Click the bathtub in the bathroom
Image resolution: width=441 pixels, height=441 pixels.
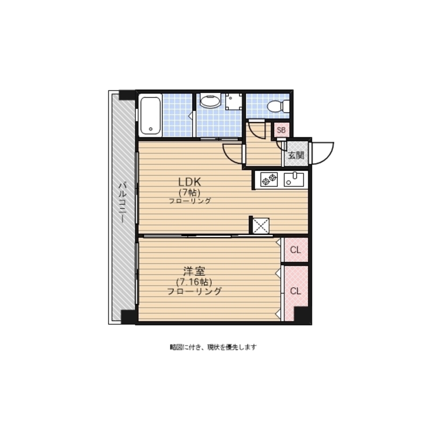click(x=150, y=116)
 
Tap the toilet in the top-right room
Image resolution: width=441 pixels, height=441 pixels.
click(x=278, y=106)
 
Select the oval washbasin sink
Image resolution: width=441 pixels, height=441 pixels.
click(x=210, y=101)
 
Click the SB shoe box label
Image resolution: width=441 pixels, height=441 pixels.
click(x=281, y=130)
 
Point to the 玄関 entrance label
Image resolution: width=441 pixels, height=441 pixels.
click(x=296, y=155)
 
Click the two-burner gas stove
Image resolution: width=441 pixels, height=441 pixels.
click(x=269, y=179)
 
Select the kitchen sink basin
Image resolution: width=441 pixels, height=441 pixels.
click(x=294, y=179)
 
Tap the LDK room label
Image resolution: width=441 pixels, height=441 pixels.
click(x=190, y=182)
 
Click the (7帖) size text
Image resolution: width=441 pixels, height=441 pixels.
click(x=190, y=193)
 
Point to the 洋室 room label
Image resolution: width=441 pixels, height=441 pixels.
click(x=194, y=271)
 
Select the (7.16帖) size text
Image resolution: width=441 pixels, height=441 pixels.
click(x=194, y=281)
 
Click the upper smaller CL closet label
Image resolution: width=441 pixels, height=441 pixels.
click(x=295, y=250)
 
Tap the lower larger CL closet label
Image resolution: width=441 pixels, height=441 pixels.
click(x=295, y=291)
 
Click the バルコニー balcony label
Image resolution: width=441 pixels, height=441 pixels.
click(x=122, y=202)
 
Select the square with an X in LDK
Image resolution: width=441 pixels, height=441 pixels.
click(x=261, y=225)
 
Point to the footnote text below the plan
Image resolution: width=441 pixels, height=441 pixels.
click(x=213, y=348)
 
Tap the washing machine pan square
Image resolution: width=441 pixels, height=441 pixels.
click(x=234, y=102)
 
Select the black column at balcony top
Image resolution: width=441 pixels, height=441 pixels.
click(x=127, y=95)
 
